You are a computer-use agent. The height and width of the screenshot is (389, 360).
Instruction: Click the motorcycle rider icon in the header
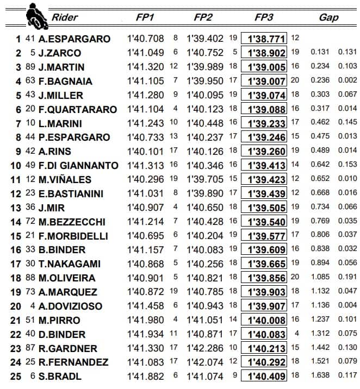pyautogui.click(x=36, y=15)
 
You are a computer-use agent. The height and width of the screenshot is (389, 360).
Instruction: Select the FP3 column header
pyautogui.click(x=264, y=17)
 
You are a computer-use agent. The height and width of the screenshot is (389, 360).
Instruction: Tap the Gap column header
pyautogui.click(x=328, y=17)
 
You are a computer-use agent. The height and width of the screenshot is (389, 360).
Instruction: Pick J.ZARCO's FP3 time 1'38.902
pyautogui.click(x=266, y=53)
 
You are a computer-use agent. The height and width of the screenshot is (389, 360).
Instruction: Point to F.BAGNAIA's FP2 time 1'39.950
pyautogui.click(x=205, y=81)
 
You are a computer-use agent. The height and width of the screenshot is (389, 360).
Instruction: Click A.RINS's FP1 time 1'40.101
pyautogui.click(x=145, y=152)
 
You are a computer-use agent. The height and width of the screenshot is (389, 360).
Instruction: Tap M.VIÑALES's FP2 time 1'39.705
pyautogui.click(x=205, y=180)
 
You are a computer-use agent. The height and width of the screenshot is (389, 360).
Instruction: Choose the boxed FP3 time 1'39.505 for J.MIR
pyautogui.click(x=266, y=208)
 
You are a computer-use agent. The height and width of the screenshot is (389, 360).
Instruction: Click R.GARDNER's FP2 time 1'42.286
pyautogui.click(x=205, y=348)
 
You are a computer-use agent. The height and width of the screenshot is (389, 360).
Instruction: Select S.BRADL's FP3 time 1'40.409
pyautogui.click(x=266, y=376)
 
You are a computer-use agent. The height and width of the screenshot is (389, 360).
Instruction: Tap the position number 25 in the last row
pyautogui.click(x=16, y=376)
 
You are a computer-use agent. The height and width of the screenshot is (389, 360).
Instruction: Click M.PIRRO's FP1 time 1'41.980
pyautogui.click(x=145, y=320)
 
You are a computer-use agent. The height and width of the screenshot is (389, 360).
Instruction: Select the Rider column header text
pyautogui.click(x=64, y=17)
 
